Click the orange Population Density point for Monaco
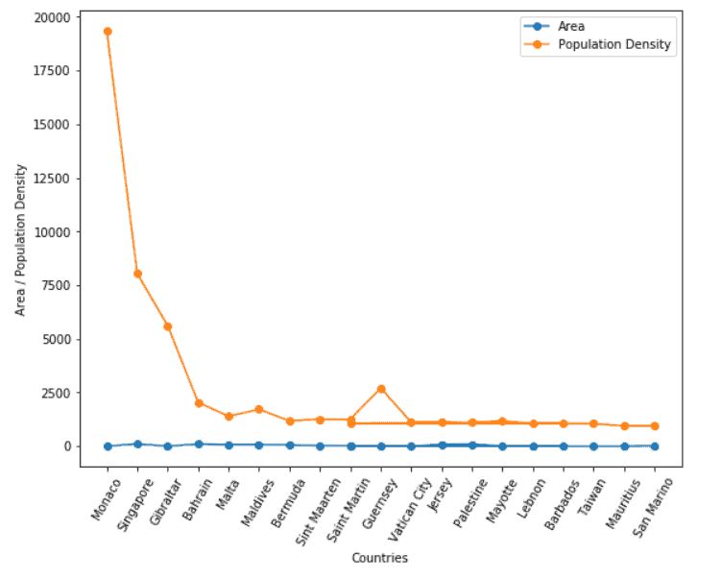tap(108, 32)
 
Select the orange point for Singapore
tap(137, 274)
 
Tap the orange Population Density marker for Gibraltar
tap(168, 326)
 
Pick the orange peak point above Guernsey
tap(381, 389)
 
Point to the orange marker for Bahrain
tap(199, 403)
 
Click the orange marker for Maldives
tap(259, 409)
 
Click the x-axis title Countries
tap(380, 558)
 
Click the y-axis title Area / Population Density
tap(20, 240)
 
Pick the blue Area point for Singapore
tap(137, 445)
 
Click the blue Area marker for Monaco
tap(108, 446)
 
